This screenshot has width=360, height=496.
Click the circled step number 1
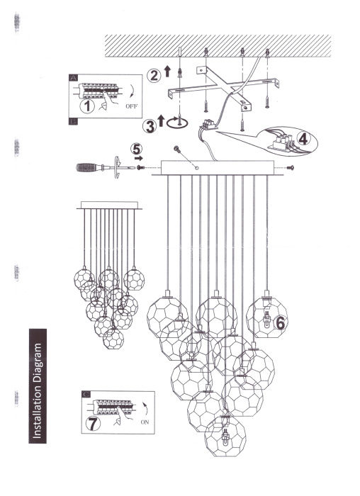[x=87, y=107]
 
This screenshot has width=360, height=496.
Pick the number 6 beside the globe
[x=281, y=322]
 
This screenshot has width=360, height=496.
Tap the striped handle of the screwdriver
[x=90, y=169]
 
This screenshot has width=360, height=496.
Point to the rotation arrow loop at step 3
[x=182, y=124]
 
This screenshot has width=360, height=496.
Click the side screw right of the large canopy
[x=291, y=168]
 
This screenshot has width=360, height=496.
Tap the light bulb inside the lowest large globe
[x=226, y=435]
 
